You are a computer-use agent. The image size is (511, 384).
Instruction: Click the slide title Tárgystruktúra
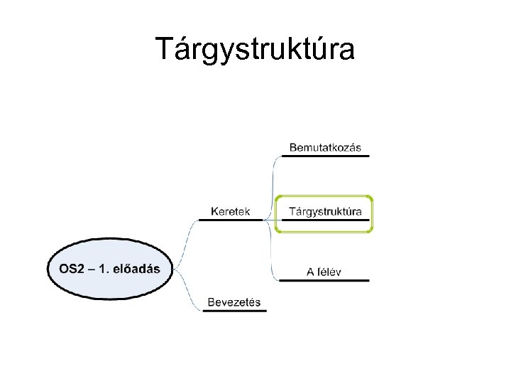pos(255,49)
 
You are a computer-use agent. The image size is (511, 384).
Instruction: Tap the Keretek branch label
pos(231,211)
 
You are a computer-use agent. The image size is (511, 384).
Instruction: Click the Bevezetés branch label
pos(233,302)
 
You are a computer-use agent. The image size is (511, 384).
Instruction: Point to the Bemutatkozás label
pos(325,148)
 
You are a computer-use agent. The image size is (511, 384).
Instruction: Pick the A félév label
pos(324,271)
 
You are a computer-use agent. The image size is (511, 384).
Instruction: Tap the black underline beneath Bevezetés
pos(233,311)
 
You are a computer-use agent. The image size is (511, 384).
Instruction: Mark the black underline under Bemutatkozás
pos(325,156)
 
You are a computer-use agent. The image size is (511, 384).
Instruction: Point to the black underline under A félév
pos(324,280)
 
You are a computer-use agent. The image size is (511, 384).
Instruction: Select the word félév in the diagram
pos(329,271)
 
